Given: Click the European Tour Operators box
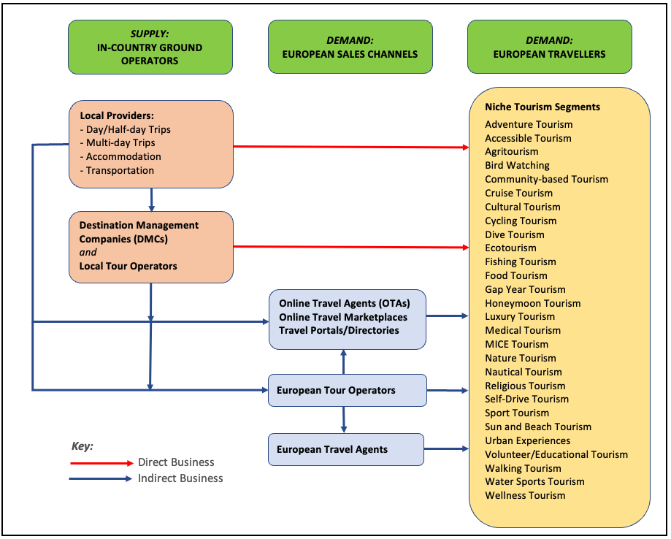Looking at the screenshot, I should coord(347,390).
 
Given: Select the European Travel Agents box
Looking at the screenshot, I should coord(345,449).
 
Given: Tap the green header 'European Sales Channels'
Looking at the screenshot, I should coord(350,47).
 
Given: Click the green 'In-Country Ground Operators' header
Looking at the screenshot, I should coord(150,47).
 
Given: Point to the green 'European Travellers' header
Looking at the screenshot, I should coord(549,47).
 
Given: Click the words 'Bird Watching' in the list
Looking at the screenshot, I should coord(517,166).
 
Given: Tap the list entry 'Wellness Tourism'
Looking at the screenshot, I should coord(525,495).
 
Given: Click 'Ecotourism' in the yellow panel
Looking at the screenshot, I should coord(510,248).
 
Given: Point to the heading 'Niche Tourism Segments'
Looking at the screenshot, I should coord(542,107).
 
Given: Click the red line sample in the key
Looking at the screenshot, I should coord(102,463).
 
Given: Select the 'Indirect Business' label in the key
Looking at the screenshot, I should coord(180,478).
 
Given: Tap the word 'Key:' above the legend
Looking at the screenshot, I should coord(83,446).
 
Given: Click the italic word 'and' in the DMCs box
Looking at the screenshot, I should coord(88,252).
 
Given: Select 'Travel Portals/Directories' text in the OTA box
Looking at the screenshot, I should coord(339,330).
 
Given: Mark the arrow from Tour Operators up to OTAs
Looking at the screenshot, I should coord(343,362).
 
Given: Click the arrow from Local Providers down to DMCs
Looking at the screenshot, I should coord(151,199).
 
